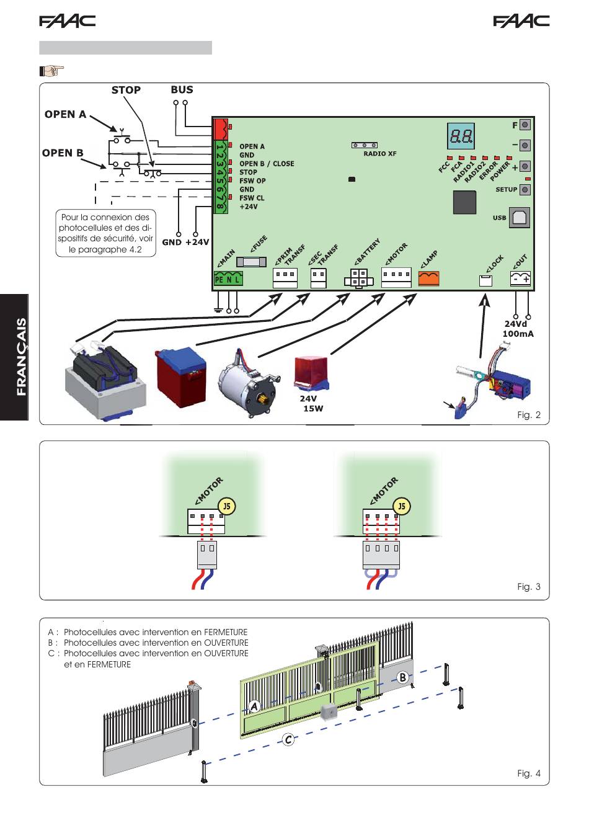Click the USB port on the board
coord(519,218)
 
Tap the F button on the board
coord(525,125)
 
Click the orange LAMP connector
coord(429,278)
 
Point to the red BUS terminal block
coord(220,128)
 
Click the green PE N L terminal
coord(228,278)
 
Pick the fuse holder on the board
coord(251,262)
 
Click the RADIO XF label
coord(380,154)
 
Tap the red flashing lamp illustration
coord(311,374)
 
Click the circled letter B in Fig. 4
coord(402,677)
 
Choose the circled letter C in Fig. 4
coord(288,740)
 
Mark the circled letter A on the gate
coord(254,706)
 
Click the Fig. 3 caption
coord(529,586)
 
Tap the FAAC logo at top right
coord(521,21)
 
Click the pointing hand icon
coord(51,70)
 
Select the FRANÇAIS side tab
coord(14,357)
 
